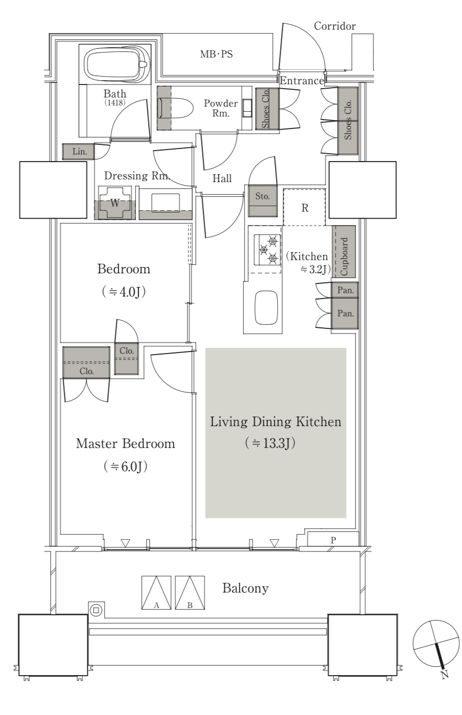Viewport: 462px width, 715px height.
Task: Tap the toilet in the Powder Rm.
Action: pos(175,108)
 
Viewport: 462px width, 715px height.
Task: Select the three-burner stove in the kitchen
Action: pos(267,250)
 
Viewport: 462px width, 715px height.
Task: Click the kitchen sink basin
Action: pos(266,307)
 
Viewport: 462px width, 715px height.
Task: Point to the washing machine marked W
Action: pos(115,202)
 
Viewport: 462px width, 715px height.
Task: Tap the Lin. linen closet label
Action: pos(79,151)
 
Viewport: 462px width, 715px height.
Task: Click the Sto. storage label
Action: pos(262,196)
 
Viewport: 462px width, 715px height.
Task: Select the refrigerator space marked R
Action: pos(305,208)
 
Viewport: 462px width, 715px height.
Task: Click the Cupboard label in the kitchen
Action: pos(344,257)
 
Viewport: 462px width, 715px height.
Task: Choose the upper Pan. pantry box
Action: pos(345,290)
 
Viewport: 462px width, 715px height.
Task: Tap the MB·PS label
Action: pos(216,54)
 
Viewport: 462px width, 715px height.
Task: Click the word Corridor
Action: pos(335,26)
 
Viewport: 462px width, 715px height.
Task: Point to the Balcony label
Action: pos(245,588)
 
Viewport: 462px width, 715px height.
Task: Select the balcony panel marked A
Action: pos(156,592)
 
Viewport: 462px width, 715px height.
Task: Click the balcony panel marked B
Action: pos(190,592)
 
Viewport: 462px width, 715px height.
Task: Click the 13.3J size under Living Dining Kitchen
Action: pos(270,443)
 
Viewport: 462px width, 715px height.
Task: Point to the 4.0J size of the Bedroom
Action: pos(124,292)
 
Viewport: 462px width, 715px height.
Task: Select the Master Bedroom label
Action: pos(126,443)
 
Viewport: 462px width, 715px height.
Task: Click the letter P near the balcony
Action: pos(333,540)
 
